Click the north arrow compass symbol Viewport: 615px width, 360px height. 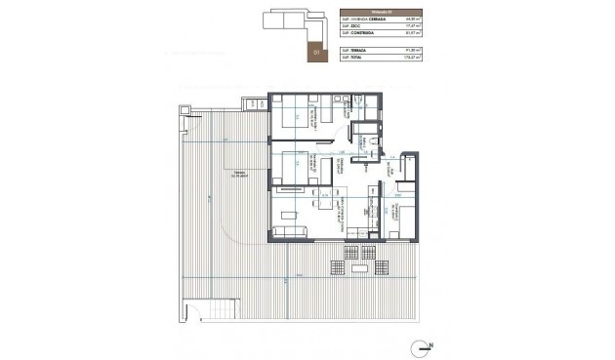pos(422,344)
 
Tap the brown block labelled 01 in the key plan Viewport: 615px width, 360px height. pos(314,49)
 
